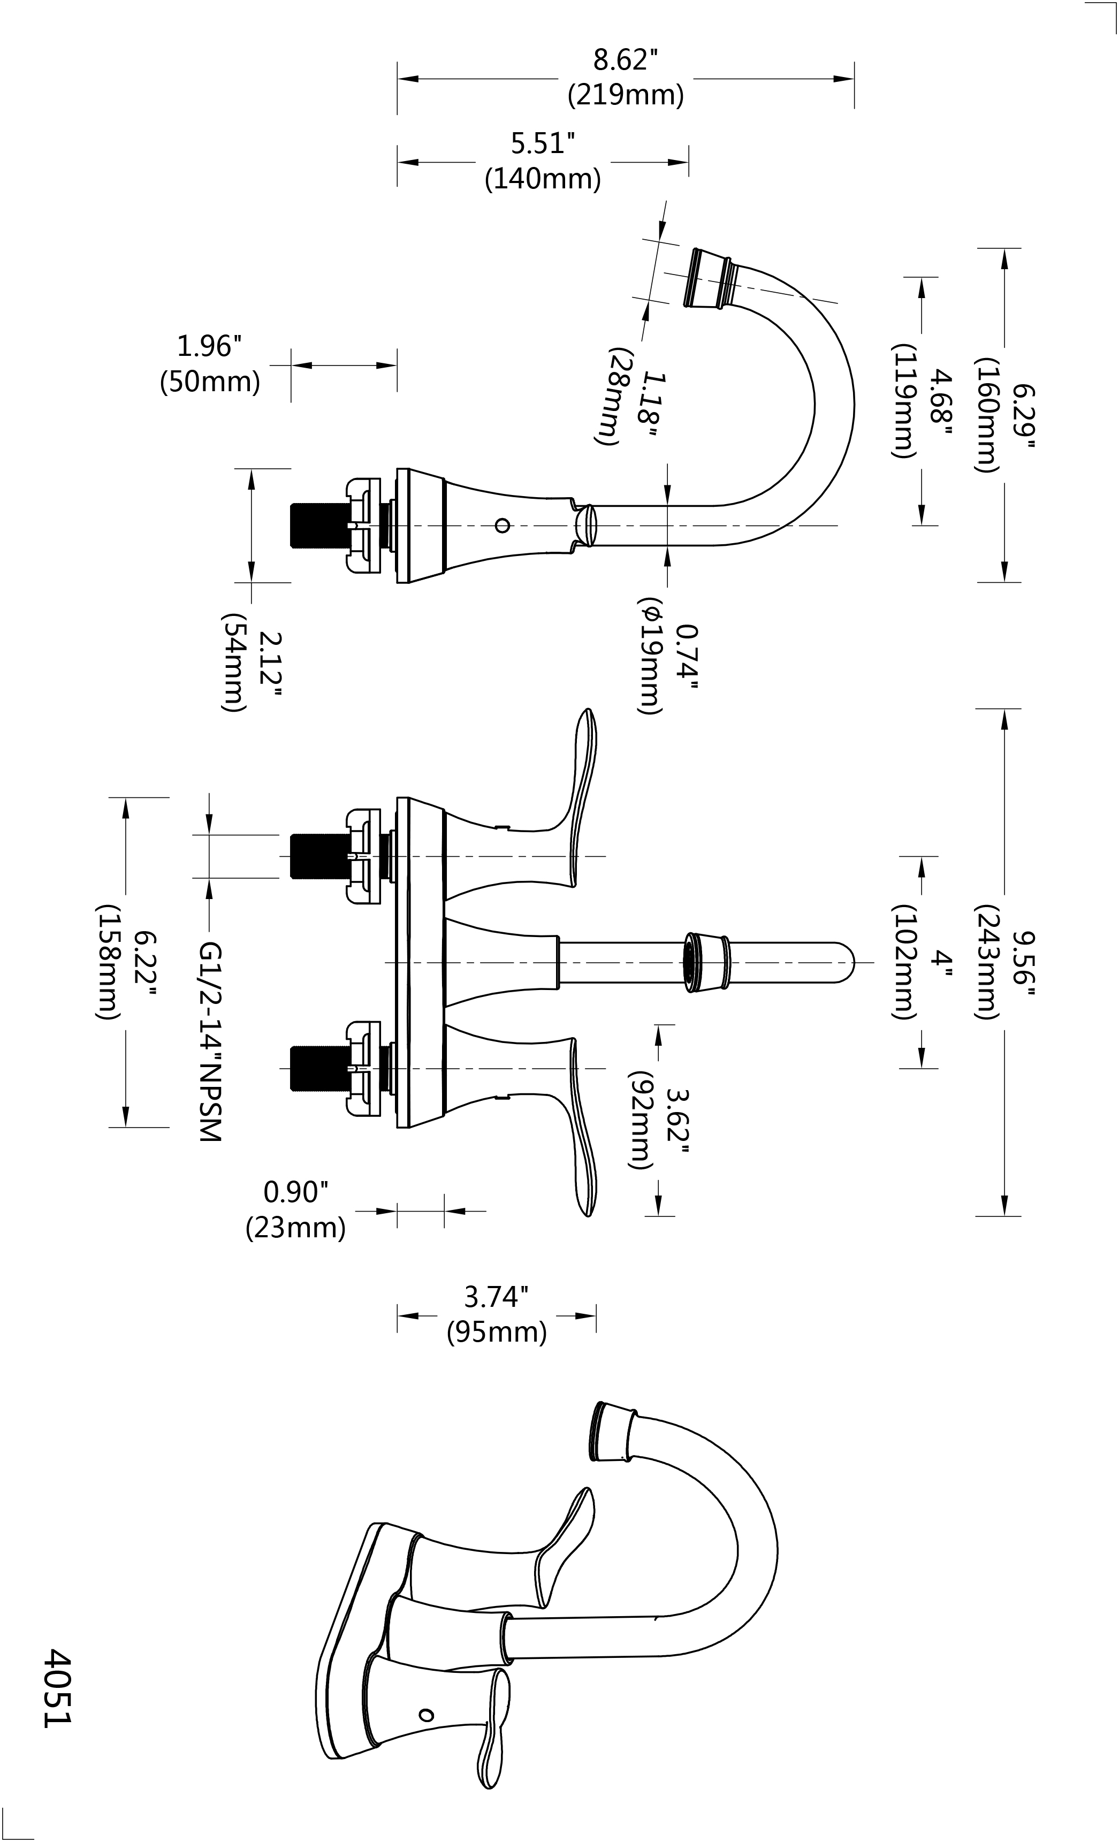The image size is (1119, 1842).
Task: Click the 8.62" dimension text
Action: tap(625, 60)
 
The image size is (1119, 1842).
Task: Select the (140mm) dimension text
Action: tap(543, 179)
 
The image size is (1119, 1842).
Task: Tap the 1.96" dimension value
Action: tap(209, 346)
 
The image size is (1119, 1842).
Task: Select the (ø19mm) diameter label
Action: tap(650, 656)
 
